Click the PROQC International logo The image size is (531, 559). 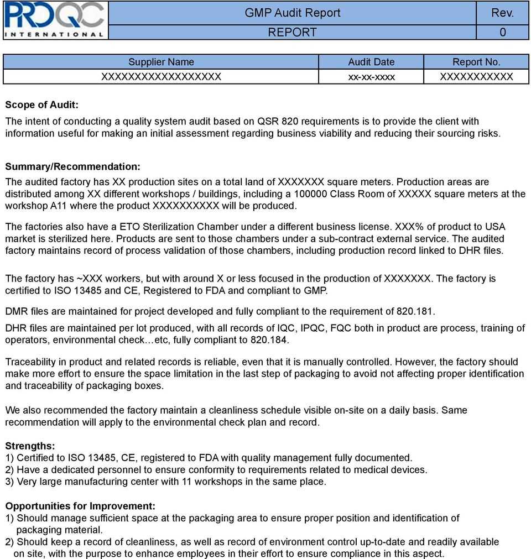click(x=54, y=20)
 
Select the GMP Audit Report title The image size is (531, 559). click(x=293, y=13)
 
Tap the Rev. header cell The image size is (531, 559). click(x=502, y=13)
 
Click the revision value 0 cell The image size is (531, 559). click(x=502, y=32)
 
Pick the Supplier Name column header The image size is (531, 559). click(x=161, y=62)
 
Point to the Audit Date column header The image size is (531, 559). click(x=371, y=62)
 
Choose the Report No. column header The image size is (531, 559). click(x=476, y=62)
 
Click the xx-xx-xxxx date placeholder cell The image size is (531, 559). click(x=371, y=76)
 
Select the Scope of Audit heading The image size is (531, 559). click(x=41, y=105)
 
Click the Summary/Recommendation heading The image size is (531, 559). click(x=72, y=166)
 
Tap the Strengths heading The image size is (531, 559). click(x=30, y=446)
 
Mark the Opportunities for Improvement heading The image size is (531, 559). click(x=80, y=506)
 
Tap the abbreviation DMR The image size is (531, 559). click(x=16, y=311)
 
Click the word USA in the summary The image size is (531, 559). click(x=494, y=227)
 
